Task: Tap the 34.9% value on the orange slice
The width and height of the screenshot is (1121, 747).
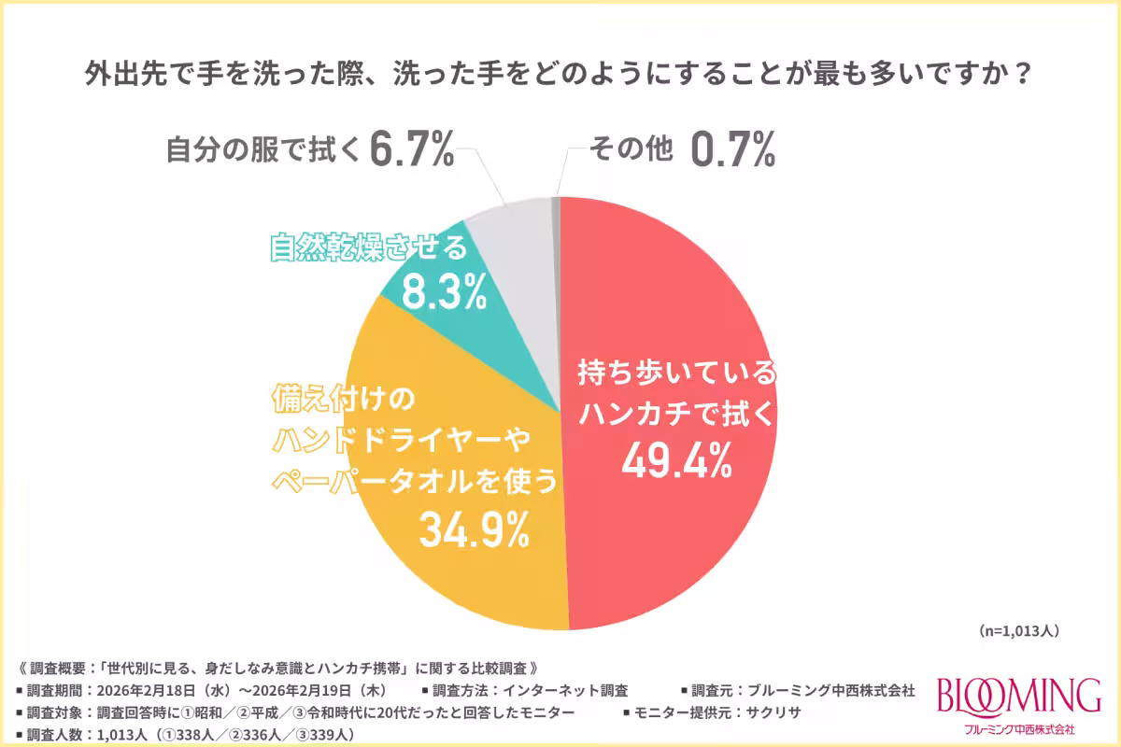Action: [x=474, y=529]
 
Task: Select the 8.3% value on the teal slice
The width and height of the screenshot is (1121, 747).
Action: [x=445, y=291]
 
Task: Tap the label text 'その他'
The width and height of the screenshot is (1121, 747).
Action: [x=631, y=150]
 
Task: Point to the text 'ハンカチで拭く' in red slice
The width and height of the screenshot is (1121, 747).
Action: [x=677, y=415]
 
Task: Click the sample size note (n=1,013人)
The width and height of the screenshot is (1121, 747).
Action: [x=1018, y=631]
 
